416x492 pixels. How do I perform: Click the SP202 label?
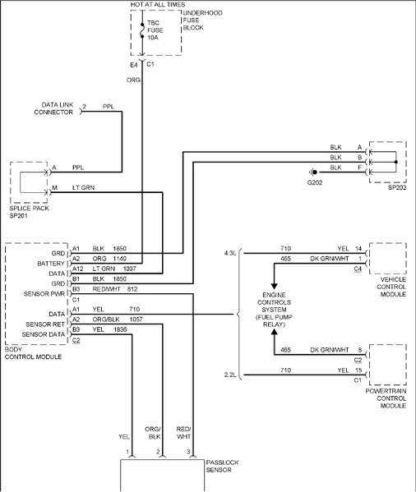398,189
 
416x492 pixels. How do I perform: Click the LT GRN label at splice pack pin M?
83,187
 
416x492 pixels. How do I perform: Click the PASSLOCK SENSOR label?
224,467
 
